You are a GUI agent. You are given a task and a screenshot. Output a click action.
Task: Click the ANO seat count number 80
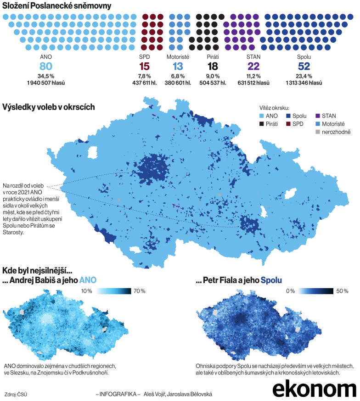[x=46, y=66]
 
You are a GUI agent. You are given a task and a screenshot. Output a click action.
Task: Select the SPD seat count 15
[x=144, y=66]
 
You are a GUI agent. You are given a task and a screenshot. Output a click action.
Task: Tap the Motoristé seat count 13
[x=177, y=66]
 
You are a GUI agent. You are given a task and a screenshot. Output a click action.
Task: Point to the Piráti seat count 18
[x=212, y=66]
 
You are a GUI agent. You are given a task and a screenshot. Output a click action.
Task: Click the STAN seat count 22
[x=253, y=66]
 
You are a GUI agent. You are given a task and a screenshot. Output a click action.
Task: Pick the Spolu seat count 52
[x=304, y=66]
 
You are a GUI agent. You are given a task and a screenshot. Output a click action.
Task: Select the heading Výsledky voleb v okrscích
[x=49, y=107]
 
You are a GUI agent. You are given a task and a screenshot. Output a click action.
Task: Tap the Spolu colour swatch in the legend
[x=288, y=116]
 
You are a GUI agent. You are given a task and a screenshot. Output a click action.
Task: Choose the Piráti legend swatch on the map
[x=262, y=124]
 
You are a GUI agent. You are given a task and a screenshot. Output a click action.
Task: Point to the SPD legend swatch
[x=288, y=124]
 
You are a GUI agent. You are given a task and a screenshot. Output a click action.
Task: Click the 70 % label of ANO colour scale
[x=139, y=291]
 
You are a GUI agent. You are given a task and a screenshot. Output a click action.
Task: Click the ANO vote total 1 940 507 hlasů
[x=46, y=83]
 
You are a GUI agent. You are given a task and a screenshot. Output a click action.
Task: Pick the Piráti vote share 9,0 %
[x=212, y=76]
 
